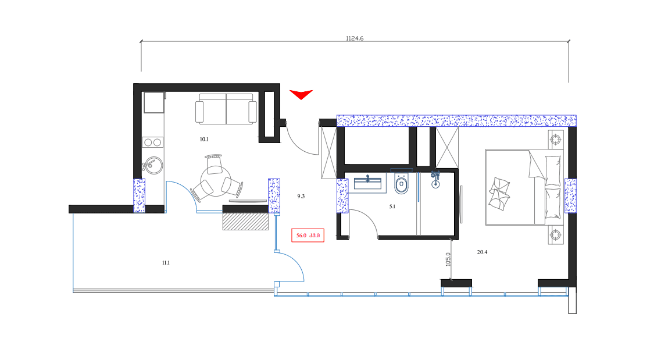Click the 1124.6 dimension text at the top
pyautogui.click(x=354, y=38)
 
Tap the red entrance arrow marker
pyautogui.click(x=301, y=94)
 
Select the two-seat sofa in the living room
pyautogui.click(x=226, y=109)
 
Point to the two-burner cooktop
pyautogui.click(x=153, y=142)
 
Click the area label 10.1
pyautogui.click(x=204, y=140)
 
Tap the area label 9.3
pyautogui.click(x=301, y=197)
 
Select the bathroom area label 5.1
pyautogui.click(x=392, y=206)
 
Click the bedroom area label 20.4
pyautogui.click(x=482, y=252)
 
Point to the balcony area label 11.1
pyautogui.click(x=166, y=263)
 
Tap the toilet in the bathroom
pyautogui.click(x=401, y=184)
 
